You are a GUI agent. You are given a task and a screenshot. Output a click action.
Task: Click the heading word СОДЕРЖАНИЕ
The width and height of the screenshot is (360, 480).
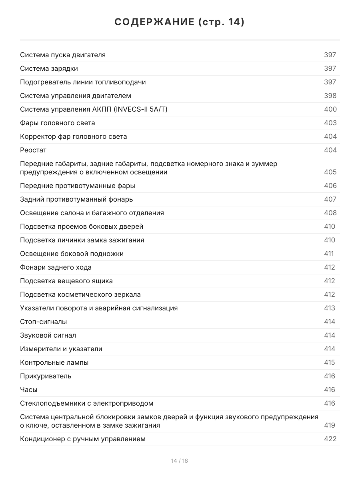(x=154, y=22)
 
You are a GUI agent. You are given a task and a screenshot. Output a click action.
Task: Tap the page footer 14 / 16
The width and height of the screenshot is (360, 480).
(x=180, y=461)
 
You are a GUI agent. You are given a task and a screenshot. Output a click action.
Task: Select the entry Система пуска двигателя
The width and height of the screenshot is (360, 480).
(x=63, y=55)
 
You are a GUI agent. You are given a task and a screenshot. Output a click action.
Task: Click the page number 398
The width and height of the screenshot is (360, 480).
(x=330, y=96)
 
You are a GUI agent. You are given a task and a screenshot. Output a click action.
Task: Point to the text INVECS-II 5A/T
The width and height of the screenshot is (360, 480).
(x=140, y=109)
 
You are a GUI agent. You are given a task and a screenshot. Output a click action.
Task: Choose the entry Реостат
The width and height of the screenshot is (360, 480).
(x=33, y=150)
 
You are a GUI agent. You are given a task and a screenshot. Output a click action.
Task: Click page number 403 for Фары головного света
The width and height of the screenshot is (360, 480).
(x=330, y=123)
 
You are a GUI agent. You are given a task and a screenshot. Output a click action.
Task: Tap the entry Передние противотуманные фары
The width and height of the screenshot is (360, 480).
(x=78, y=186)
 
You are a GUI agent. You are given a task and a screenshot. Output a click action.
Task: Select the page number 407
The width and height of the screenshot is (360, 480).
(x=330, y=199)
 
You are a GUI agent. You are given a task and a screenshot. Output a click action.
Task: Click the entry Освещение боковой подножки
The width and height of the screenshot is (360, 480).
(x=72, y=254)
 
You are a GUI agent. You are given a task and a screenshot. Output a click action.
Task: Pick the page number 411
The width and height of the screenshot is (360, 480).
(x=329, y=254)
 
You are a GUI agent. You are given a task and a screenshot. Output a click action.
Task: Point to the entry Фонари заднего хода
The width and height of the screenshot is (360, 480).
(x=56, y=267)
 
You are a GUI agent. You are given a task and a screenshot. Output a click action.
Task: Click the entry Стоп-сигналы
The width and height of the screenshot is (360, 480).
(x=44, y=322)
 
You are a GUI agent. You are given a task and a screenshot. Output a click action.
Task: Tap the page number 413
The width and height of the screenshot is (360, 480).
(x=330, y=308)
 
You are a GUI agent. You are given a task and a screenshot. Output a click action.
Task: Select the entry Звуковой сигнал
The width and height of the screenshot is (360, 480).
(x=48, y=335)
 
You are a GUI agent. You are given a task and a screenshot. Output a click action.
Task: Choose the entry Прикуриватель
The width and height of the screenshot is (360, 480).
(x=46, y=376)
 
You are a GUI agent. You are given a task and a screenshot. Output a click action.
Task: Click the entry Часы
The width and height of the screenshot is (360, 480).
(x=29, y=390)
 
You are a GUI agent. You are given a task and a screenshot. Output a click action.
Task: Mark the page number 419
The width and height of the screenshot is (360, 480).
(x=330, y=425)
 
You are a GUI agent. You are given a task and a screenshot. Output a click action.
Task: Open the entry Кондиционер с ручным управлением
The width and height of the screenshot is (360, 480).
(x=83, y=439)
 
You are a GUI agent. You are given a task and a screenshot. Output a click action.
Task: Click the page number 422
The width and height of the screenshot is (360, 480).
(x=330, y=439)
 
